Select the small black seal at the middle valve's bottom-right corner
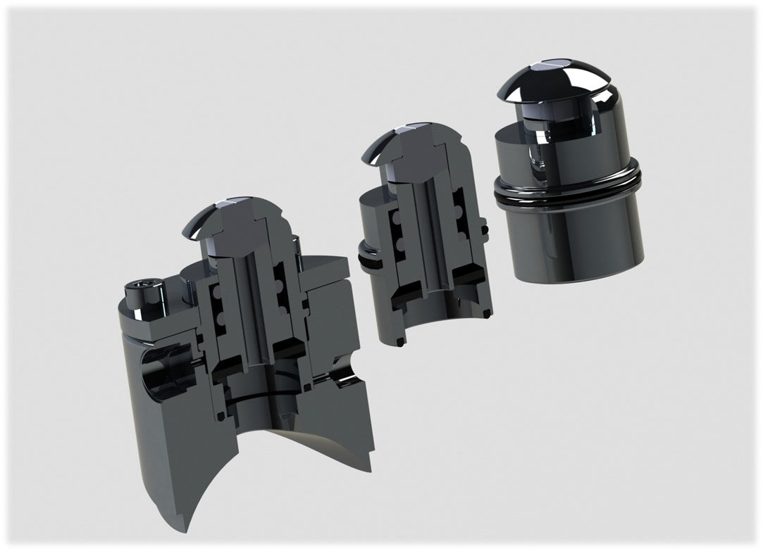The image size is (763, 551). [487, 313]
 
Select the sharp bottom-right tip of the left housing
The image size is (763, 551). [371, 464]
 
